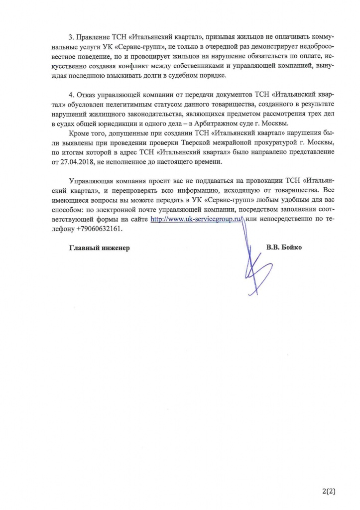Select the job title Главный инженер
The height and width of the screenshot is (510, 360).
point(99,248)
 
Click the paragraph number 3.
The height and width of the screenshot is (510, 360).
point(71,38)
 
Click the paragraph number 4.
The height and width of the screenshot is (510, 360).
point(71,95)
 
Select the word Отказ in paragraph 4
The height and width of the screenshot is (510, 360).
point(87,95)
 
